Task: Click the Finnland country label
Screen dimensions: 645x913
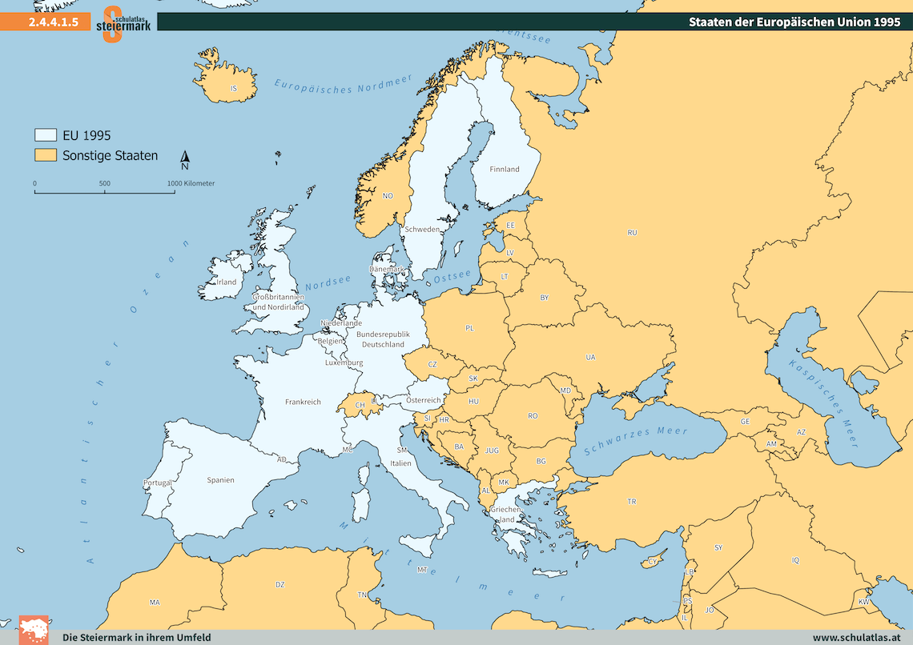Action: click(x=505, y=169)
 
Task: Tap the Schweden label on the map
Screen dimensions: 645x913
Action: click(x=422, y=229)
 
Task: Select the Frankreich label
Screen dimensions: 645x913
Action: click(x=303, y=402)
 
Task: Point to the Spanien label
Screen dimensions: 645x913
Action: click(x=220, y=480)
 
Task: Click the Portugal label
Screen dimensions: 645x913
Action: click(x=157, y=483)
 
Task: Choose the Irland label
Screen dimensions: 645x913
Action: click(x=227, y=282)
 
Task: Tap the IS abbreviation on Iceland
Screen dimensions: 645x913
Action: click(x=233, y=88)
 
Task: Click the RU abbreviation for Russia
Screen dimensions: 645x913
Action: click(x=632, y=233)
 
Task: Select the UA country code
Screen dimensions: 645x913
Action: click(x=590, y=357)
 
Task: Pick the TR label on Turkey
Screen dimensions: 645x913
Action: click(x=632, y=502)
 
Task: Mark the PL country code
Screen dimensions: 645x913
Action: click(x=469, y=328)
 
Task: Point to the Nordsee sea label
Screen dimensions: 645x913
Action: click(x=328, y=282)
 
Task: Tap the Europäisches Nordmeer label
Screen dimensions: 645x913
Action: click(x=343, y=85)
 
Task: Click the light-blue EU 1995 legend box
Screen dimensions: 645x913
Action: click(x=45, y=135)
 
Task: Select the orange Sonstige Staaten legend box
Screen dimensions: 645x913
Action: click(x=45, y=155)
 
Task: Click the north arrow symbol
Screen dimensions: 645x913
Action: click(x=184, y=160)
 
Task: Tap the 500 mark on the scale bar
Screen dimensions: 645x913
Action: click(x=105, y=183)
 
